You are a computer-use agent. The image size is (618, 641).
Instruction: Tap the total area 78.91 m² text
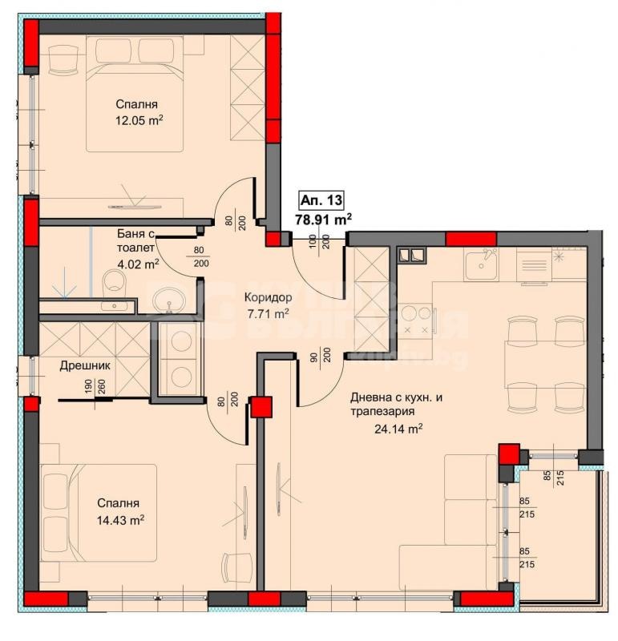325,218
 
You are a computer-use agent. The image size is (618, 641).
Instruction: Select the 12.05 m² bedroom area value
139,120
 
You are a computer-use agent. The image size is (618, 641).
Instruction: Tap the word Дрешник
84,365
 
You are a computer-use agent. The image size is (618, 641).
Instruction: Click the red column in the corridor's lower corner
261,407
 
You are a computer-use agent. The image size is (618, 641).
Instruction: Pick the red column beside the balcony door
508,454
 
